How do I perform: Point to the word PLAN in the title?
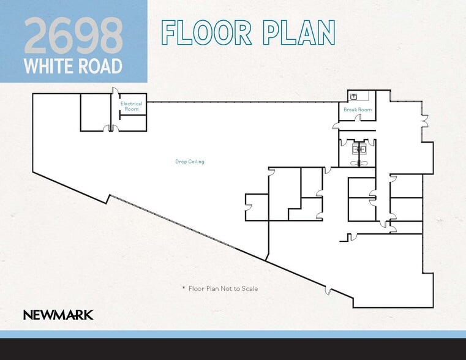click(x=299, y=32)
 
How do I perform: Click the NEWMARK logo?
click(x=58, y=315)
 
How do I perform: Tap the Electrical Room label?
click(x=131, y=106)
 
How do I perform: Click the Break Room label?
click(x=358, y=110)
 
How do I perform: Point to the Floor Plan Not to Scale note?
click(x=223, y=288)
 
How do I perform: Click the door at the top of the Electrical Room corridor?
click(x=115, y=92)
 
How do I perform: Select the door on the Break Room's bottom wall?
click(x=337, y=126)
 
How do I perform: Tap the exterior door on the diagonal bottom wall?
click(x=328, y=290)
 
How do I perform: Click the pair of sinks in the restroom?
click(x=358, y=148)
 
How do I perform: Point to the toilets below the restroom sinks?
click(x=358, y=162)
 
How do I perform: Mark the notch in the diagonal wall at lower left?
click(x=108, y=198)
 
